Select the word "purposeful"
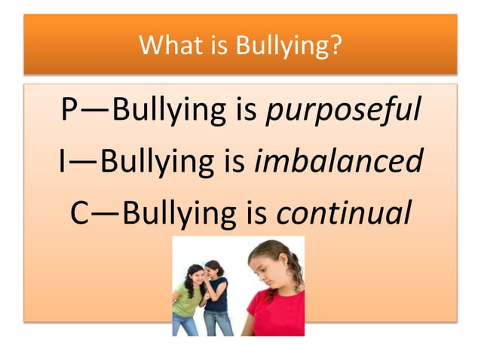[x=343, y=112]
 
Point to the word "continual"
[x=344, y=212]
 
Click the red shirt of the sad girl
[x=275, y=313]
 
